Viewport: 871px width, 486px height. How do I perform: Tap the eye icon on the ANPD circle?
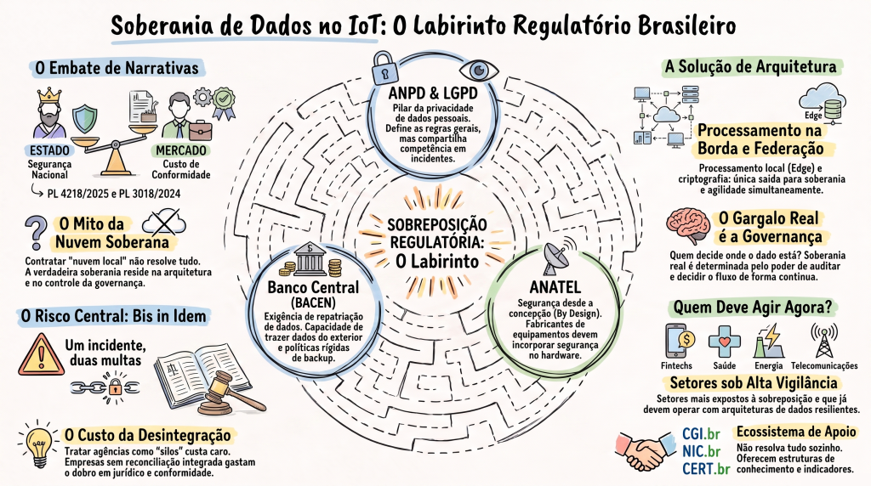click(479, 71)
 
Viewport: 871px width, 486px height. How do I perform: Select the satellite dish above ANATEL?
click(557, 257)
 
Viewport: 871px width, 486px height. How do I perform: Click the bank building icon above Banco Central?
click(310, 260)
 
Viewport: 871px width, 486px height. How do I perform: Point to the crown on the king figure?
click(49, 93)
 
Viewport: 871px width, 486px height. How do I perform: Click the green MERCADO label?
click(180, 150)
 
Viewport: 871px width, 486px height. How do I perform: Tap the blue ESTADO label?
click(49, 150)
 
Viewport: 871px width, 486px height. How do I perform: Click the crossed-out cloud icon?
click(164, 222)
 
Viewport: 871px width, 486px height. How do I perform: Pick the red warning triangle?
click(41, 355)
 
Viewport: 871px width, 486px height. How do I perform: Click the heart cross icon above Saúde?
click(725, 342)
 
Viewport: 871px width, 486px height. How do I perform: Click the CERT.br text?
click(705, 468)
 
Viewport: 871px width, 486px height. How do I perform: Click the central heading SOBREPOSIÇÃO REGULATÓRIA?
click(436, 234)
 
